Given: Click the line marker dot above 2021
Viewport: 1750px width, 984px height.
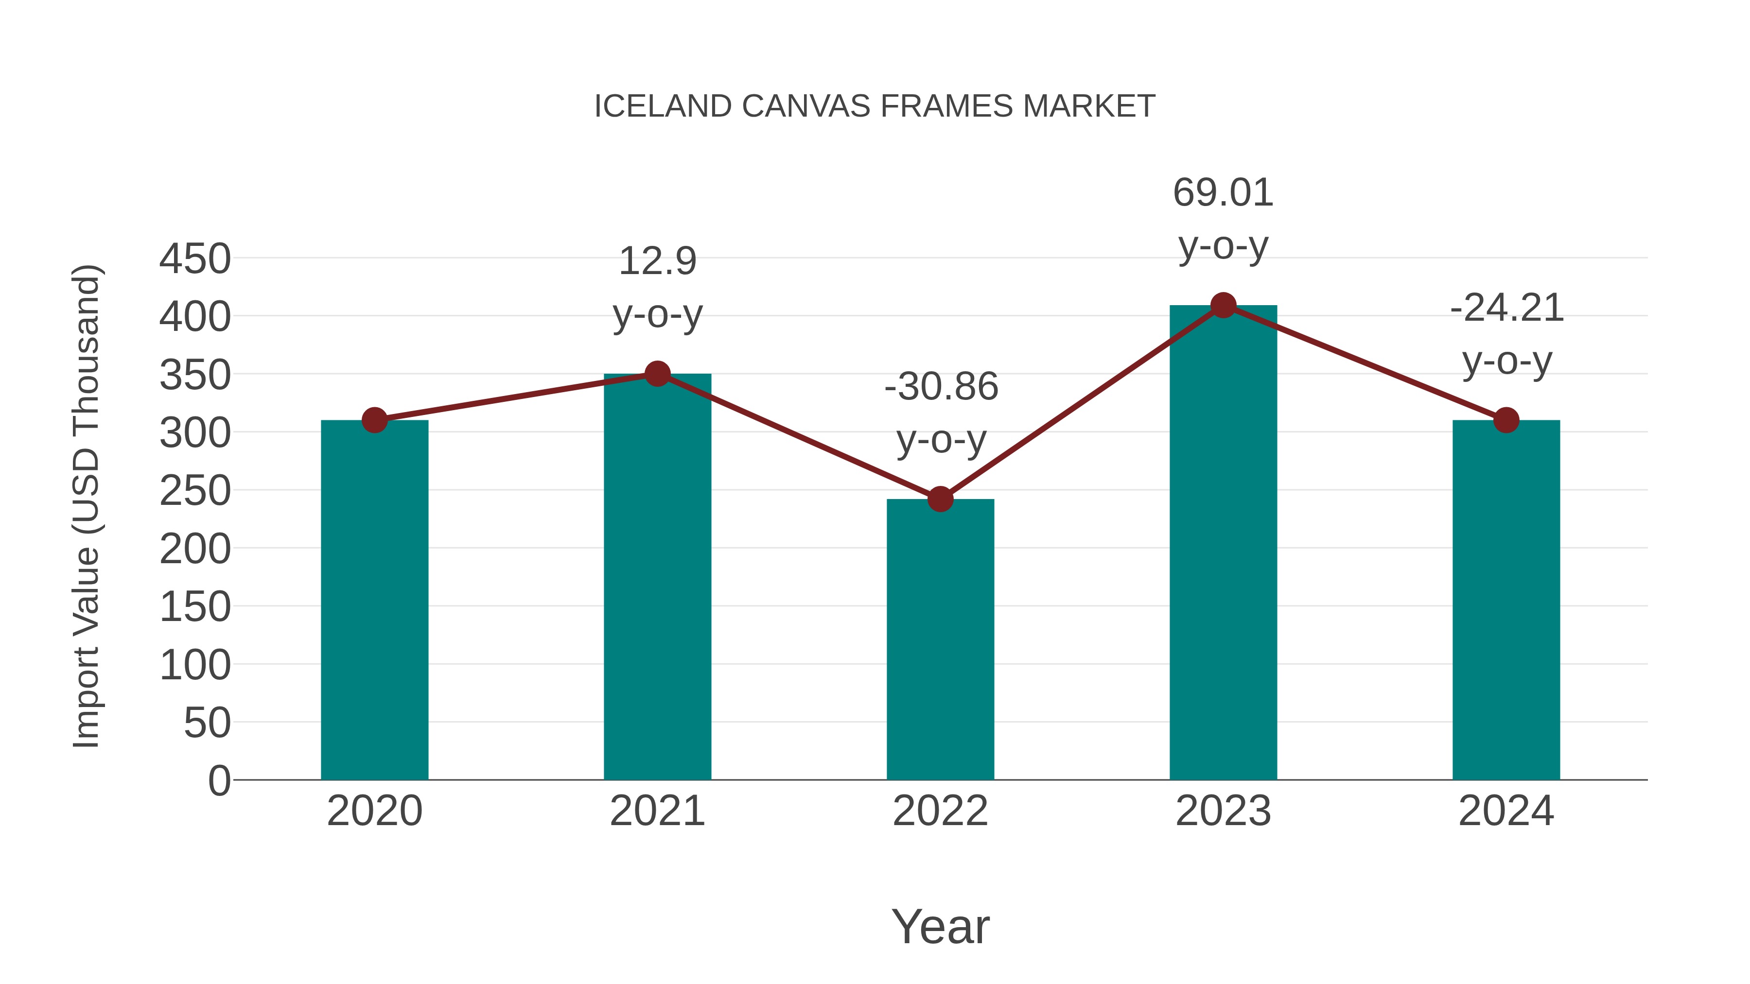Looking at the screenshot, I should (657, 374).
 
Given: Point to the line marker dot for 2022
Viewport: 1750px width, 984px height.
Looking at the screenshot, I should (940, 499).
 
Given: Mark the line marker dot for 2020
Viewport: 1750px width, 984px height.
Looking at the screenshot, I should (374, 420).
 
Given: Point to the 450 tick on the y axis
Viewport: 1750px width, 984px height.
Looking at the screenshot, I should (195, 259).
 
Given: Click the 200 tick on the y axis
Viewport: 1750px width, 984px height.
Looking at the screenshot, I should (195, 549).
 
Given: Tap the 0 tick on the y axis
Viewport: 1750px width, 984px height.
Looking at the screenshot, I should (219, 780).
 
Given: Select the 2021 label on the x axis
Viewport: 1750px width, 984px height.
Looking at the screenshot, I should (657, 811).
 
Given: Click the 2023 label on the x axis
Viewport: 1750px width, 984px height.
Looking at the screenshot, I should (1223, 811).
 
